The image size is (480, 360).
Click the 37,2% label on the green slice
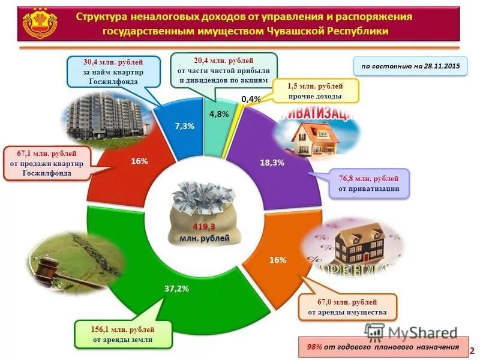tap(176, 289)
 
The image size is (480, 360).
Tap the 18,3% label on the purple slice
tap(272, 163)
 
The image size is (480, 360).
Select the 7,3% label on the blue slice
tap(184, 126)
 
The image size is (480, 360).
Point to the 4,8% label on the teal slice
tap(218, 114)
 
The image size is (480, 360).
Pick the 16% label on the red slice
tap(139, 161)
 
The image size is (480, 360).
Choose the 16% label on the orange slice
tap(278, 260)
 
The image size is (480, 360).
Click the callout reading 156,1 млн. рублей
tap(123, 335)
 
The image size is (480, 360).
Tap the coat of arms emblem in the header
tap(40, 24)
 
